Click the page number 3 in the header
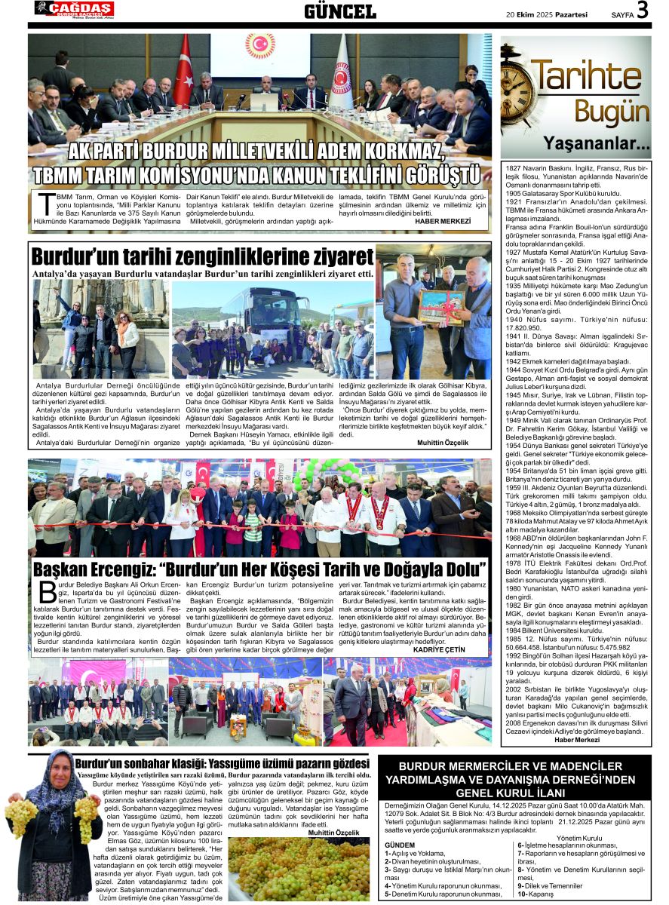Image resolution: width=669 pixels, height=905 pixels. click(x=643, y=11)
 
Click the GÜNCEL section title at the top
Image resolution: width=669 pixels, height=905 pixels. click(x=340, y=11)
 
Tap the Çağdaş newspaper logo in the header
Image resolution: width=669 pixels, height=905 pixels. click(x=74, y=9)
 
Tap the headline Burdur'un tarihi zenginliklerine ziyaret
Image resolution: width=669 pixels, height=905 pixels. click(x=202, y=255)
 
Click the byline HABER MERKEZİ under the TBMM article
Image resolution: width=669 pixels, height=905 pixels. click(x=443, y=222)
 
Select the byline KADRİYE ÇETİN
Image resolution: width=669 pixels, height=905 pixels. click(x=455, y=649)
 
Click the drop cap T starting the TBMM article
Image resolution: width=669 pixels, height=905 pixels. click(x=45, y=204)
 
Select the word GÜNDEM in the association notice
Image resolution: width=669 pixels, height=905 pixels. click(x=399, y=845)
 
